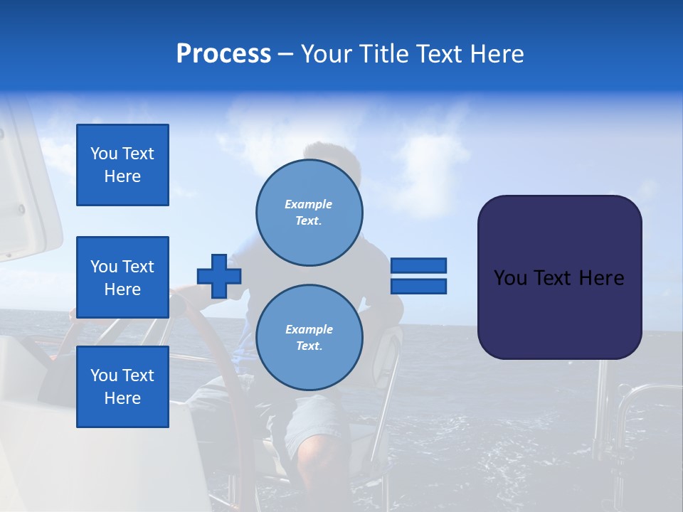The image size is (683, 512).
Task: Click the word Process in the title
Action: click(223, 54)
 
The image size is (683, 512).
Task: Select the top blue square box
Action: click(122, 165)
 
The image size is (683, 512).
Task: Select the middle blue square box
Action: click(122, 277)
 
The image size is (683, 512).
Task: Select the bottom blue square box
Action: click(122, 387)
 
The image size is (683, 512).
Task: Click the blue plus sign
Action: click(219, 276)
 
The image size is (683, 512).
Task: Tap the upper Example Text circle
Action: click(309, 213)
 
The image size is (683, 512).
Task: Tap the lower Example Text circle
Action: click(309, 338)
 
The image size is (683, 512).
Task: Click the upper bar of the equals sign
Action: click(418, 266)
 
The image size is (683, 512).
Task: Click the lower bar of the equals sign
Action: click(418, 286)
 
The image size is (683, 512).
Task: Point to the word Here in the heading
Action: click(494, 54)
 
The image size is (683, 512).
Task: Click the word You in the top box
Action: click(104, 154)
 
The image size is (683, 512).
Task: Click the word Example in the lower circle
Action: click(309, 329)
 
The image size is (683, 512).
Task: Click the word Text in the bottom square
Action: click(138, 375)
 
